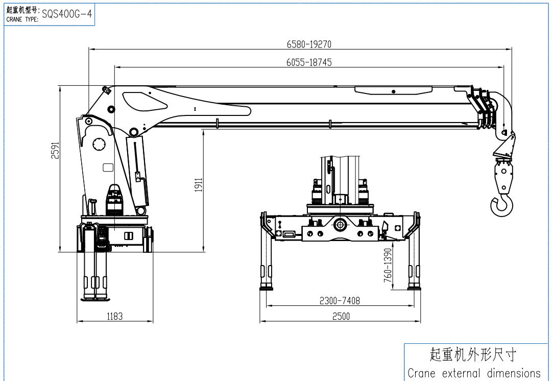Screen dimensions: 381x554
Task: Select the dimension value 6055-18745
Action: point(309,62)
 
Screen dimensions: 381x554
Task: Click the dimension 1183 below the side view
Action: point(115,317)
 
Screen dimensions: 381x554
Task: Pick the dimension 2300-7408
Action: point(340,301)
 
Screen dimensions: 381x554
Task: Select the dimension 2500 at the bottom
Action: point(341,317)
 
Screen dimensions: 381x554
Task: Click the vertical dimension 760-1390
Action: point(388,266)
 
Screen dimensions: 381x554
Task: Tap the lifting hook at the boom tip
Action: point(501,204)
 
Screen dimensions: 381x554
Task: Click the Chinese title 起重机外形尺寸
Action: point(473,354)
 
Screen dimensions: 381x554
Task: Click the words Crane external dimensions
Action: point(474,373)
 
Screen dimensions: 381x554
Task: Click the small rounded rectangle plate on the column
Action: point(108,167)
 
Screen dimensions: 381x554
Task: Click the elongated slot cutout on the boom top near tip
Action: point(393,91)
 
